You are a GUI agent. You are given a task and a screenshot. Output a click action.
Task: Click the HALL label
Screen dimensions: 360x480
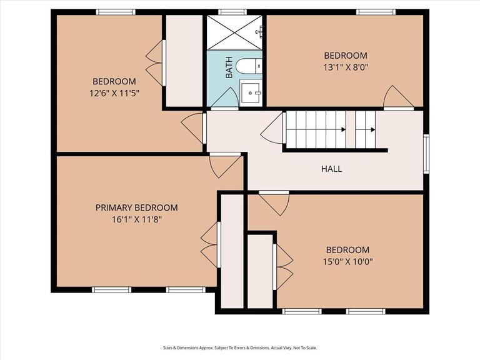pyautogui.click(x=331, y=169)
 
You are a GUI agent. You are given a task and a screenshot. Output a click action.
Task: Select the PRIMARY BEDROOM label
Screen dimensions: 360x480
pyautogui.click(x=136, y=207)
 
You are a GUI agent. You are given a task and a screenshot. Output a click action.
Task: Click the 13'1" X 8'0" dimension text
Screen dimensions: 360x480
pyautogui.click(x=345, y=67)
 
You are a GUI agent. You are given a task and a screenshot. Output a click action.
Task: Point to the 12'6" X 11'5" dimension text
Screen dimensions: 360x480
pyautogui.click(x=114, y=93)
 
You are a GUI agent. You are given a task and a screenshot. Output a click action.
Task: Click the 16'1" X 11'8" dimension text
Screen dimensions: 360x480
pyautogui.click(x=136, y=219)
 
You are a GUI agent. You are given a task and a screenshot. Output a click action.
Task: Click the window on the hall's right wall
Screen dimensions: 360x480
pyautogui.click(x=426, y=153)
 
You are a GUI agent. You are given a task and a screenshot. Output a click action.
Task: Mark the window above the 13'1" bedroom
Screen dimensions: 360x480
pyautogui.click(x=375, y=12)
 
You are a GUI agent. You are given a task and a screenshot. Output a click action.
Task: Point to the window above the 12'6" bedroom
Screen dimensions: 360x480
pyautogui.click(x=116, y=12)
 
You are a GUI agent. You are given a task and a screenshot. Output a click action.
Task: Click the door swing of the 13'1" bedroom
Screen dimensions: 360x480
pyautogui.click(x=398, y=97)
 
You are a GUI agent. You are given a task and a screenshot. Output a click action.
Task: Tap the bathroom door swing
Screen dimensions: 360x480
pyautogui.click(x=224, y=98)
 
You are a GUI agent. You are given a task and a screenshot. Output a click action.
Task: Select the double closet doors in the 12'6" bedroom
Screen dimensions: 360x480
pyautogui.click(x=155, y=62)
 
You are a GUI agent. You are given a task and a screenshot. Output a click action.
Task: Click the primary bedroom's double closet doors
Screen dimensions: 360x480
pyautogui.click(x=209, y=244)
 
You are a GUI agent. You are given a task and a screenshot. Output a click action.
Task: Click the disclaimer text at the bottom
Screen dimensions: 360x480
pyautogui.click(x=240, y=348)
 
